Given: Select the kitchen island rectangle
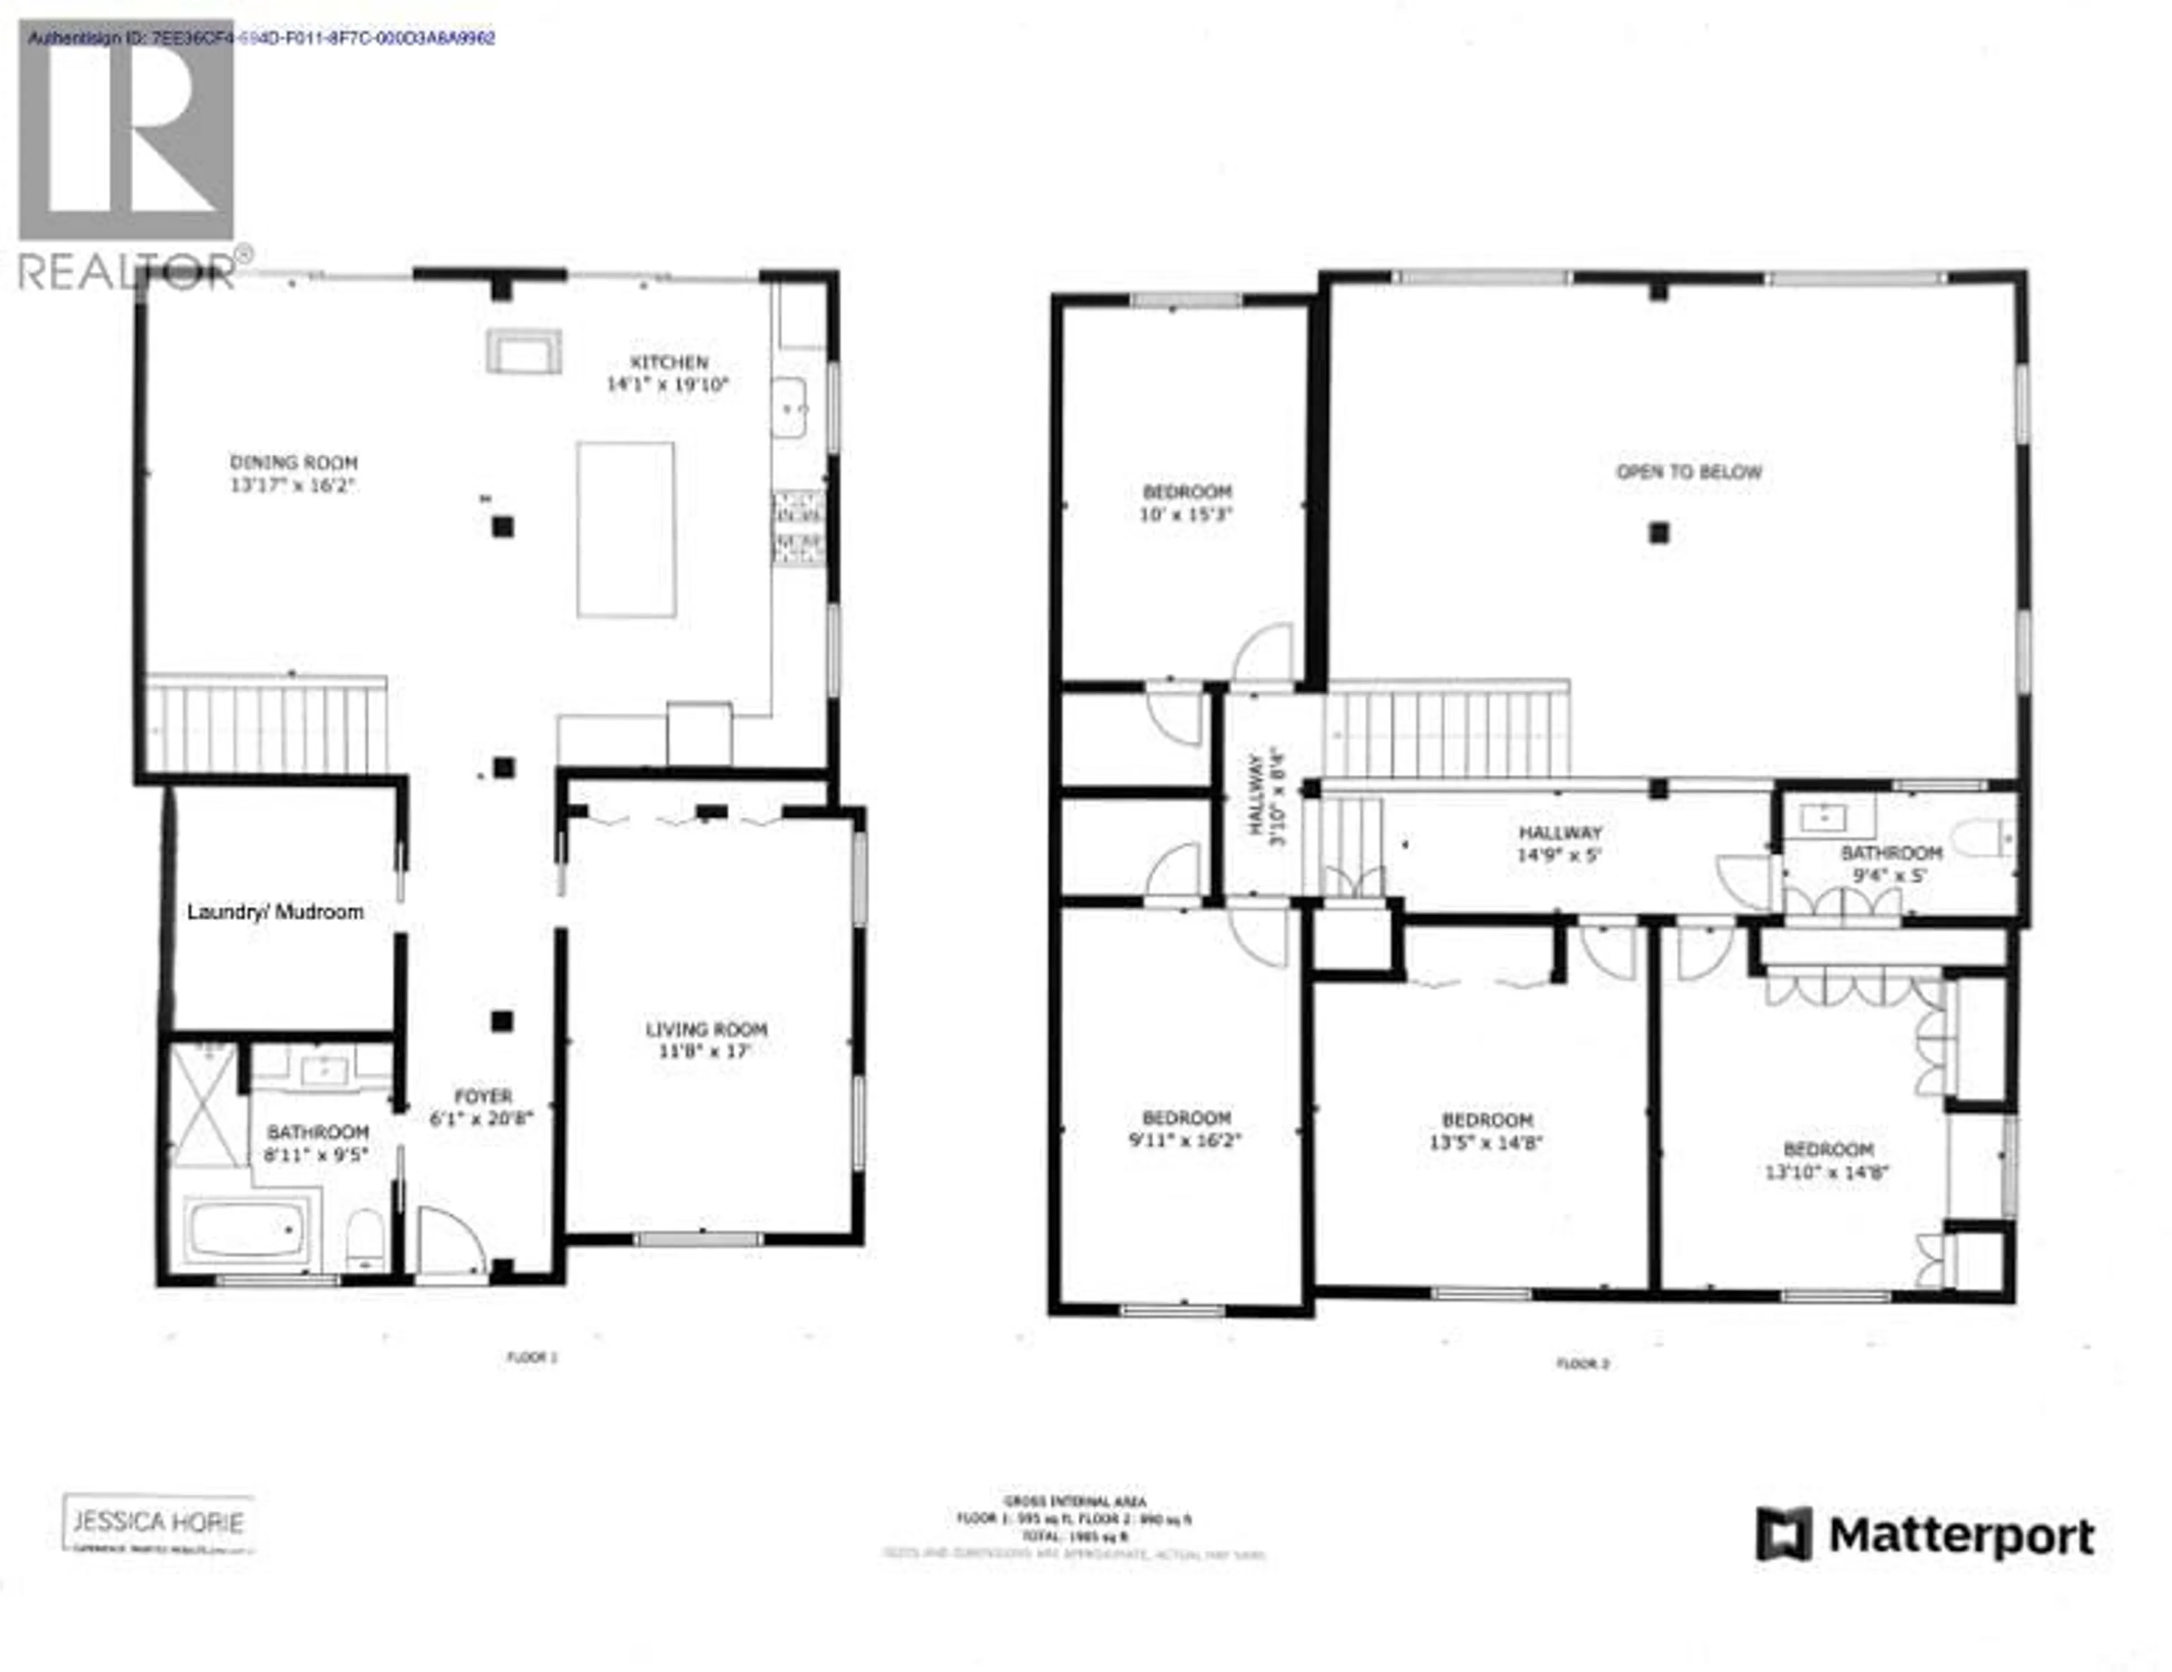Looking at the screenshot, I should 626,530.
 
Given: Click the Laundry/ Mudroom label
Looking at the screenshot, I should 275,912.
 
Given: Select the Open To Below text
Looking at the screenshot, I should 1688,472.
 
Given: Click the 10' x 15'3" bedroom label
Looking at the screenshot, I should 1187,492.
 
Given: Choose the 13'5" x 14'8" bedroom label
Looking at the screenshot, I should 1487,1120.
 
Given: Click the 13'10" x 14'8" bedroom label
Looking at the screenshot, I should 1827,1150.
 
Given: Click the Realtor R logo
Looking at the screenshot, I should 126,130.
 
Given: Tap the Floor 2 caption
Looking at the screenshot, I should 1581,1364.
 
